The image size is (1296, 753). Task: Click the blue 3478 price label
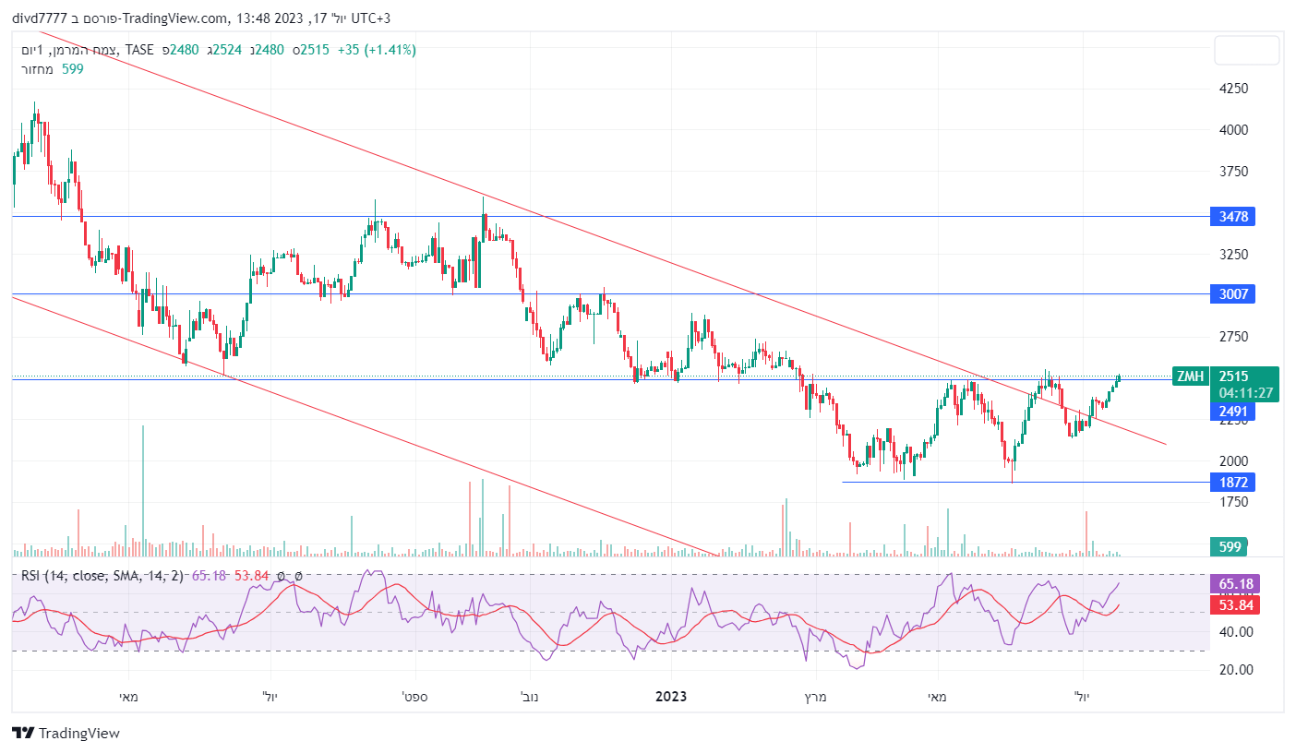pos(1232,217)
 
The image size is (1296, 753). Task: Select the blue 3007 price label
pos(1232,294)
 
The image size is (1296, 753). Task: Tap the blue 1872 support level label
pos(1232,482)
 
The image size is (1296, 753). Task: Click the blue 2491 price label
pos(1232,412)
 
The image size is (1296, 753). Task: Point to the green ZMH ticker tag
pos(1189,376)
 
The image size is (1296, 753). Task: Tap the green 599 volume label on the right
pos(1230,547)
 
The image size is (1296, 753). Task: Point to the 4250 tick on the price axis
pos(1233,89)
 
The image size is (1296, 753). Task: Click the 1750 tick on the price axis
pos(1233,502)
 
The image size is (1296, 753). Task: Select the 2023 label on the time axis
pos(670,697)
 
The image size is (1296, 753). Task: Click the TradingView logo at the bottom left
pos(66,734)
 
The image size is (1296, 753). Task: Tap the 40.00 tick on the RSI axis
pos(1236,632)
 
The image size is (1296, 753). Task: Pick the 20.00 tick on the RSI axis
pos(1236,670)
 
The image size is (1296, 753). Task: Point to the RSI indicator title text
pos(102,576)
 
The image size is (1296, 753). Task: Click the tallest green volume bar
pos(143,489)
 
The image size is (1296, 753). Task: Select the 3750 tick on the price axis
pos(1233,172)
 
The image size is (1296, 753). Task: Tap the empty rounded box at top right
pos(1246,51)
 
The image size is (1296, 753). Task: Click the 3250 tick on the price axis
pos(1233,254)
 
